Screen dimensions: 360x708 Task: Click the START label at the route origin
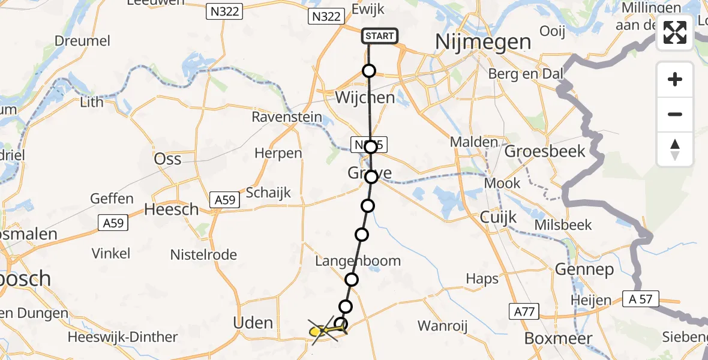coord(380,36)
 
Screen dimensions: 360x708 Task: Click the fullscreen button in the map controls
coord(675,32)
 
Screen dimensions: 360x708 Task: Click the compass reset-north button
coord(675,149)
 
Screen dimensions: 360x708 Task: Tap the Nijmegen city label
coord(483,43)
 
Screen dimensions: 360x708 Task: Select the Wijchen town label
coord(365,98)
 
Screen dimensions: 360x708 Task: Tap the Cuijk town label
coord(498,217)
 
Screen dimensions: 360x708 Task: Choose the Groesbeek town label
coord(544,151)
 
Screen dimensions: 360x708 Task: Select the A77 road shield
coord(524,311)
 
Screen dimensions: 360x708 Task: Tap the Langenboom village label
coord(358,261)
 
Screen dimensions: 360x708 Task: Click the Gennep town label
coord(584,269)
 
